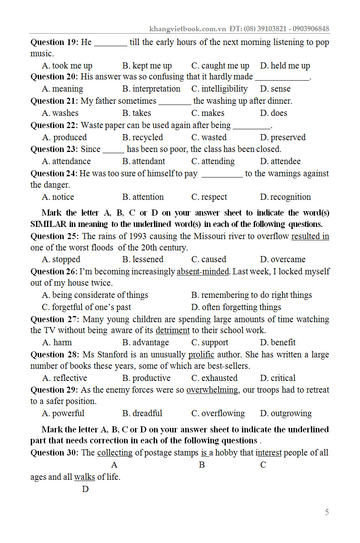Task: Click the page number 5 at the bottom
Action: pos(327,512)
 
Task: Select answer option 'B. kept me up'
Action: pos(147,66)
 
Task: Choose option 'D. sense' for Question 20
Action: pos(275,89)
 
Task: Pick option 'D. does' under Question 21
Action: pos(274,113)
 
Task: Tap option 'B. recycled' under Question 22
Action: pos(143,137)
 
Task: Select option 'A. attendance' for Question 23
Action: pos(66,161)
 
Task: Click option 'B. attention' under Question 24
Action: pos(143,197)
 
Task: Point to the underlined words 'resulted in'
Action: pos(310,236)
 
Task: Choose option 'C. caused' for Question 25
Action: pos(209,259)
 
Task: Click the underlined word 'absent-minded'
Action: pos(203,271)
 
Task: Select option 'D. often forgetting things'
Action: pos(236,307)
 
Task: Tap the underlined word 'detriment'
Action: pos(172,330)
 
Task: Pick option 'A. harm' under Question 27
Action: pos(57,342)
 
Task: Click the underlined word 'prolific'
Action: pos(201,355)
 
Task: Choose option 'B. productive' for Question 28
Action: pos(146,378)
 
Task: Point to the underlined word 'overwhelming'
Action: pos(212,390)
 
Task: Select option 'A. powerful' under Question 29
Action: pos(63,413)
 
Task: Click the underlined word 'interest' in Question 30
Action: pos(269,453)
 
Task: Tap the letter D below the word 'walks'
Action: pos(85,489)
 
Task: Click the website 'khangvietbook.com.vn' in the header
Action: pos(187,29)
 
